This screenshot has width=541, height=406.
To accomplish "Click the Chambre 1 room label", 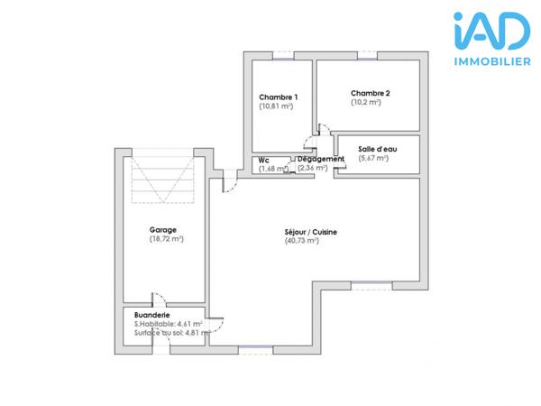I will coord(279,97).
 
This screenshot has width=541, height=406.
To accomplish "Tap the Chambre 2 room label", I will coord(371,92).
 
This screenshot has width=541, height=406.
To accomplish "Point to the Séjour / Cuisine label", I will coord(310,232).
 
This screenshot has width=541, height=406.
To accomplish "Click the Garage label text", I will coord(162,230).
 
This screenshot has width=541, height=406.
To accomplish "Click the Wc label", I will coord(264,160).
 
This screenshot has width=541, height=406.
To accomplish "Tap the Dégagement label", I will coord(321,159).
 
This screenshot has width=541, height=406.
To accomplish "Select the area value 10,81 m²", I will coord(277,106).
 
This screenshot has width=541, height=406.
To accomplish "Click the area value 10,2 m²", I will coord(366,102).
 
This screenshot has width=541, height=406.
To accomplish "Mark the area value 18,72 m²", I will coord(166,239).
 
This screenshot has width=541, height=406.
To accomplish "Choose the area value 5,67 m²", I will coord(373,158).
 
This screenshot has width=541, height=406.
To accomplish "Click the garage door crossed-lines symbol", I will coord(163,179).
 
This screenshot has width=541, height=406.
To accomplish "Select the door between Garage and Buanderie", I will coord(159,302).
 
